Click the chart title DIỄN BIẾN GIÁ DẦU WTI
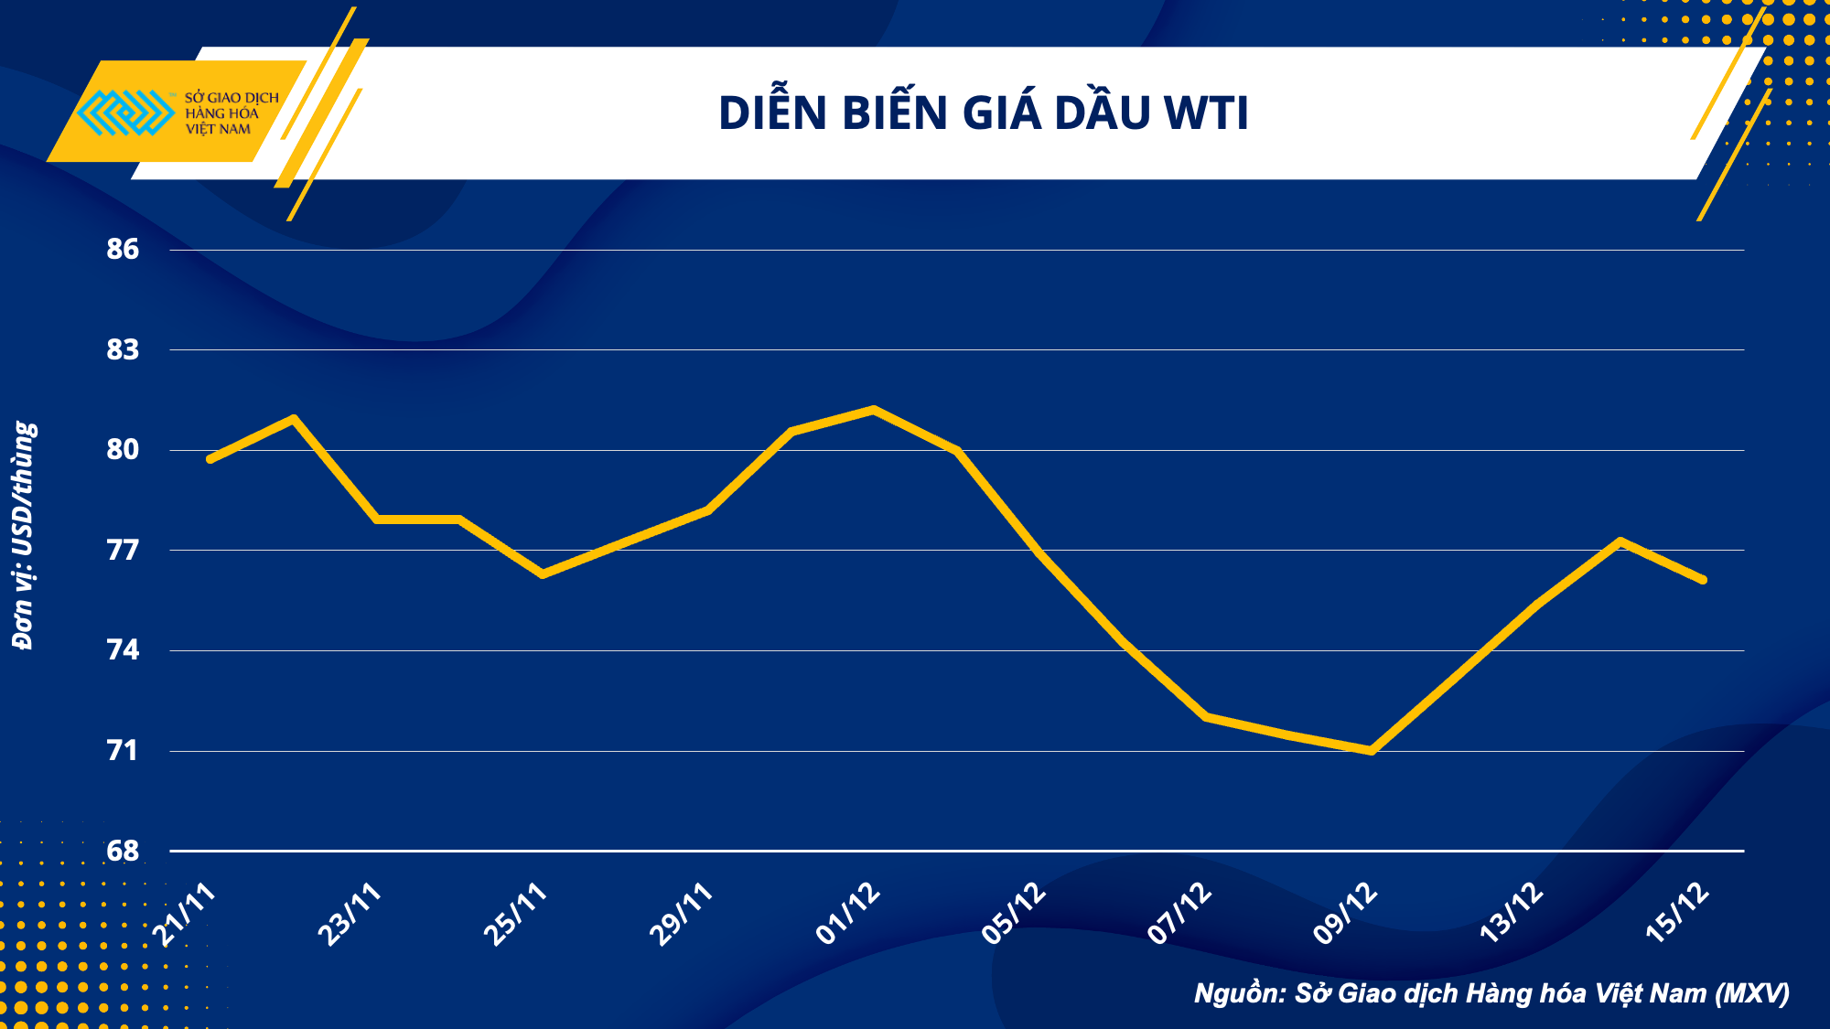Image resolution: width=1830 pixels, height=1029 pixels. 983,113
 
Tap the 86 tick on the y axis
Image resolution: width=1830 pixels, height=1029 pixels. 123,249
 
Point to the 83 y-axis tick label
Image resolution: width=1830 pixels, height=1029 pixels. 123,349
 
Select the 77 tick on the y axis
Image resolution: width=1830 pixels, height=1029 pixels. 123,550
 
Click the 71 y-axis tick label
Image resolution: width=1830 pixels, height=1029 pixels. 123,751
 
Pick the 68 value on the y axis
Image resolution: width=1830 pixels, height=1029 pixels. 123,851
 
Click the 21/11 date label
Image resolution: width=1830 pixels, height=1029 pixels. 186,914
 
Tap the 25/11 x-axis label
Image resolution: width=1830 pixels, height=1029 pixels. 516,914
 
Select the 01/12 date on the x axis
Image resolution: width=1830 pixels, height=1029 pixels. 848,914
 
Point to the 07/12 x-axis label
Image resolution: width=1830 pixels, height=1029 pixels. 1180,914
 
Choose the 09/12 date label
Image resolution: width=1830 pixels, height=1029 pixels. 1346,914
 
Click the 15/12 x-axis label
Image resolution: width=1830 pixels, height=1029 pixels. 1678,914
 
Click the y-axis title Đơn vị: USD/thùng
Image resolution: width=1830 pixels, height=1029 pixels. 24,536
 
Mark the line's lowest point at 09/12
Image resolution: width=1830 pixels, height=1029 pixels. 1371,751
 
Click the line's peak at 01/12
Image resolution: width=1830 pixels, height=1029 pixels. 874,409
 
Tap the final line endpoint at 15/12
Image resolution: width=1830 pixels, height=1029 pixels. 1703,580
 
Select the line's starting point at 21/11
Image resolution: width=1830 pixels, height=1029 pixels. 210,459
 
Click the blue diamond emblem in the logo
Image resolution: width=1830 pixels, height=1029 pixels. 125,113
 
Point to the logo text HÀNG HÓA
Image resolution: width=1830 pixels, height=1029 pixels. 222,113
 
